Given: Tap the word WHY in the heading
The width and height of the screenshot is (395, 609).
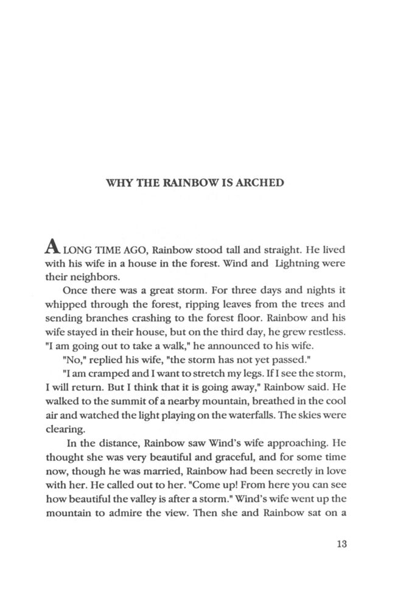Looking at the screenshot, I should pyautogui.click(x=118, y=183).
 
